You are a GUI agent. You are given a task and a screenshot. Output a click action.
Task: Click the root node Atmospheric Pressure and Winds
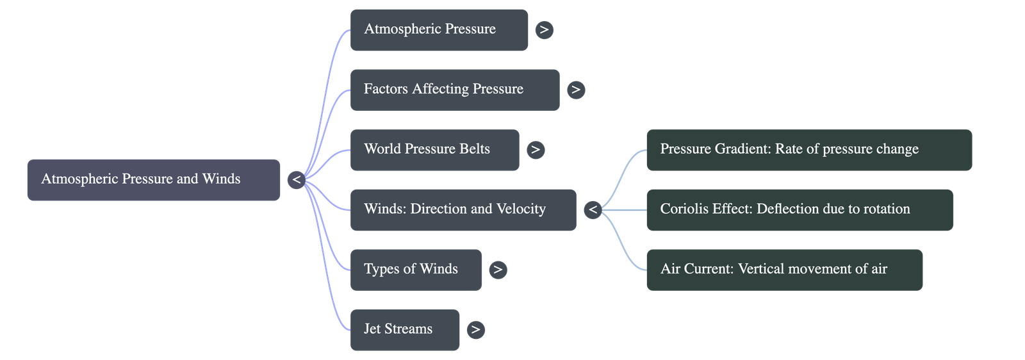pyautogui.click(x=154, y=179)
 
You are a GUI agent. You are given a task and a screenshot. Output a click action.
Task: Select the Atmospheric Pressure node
pyautogui.click(x=439, y=29)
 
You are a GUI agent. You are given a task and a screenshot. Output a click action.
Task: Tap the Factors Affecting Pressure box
pyautogui.click(x=454, y=90)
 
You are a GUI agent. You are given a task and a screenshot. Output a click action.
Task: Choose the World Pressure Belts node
pyautogui.click(x=434, y=150)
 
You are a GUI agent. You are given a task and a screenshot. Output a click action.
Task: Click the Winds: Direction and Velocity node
pyautogui.click(x=463, y=209)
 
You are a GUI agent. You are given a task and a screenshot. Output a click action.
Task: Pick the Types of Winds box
pyautogui.click(x=416, y=270)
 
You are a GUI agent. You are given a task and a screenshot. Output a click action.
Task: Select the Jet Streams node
pyautogui.click(x=404, y=330)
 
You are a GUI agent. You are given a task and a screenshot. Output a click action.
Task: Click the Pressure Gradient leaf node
pyautogui.click(x=809, y=150)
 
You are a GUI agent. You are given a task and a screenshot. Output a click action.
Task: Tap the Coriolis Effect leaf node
pyautogui.click(x=799, y=209)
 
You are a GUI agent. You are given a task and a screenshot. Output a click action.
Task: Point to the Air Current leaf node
pyautogui.click(x=785, y=270)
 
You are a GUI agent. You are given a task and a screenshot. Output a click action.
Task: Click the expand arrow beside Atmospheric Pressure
pyautogui.click(x=544, y=29)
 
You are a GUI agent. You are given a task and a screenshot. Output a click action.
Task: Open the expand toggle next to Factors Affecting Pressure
pyautogui.click(x=575, y=90)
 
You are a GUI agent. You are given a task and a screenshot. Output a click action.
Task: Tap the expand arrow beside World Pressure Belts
pyautogui.click(x=535, y=150)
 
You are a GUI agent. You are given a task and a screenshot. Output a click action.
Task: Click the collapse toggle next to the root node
pyautogui.click(x=296, y=180)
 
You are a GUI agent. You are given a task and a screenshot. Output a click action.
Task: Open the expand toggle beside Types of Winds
pyautogui.click(x=498, y=270)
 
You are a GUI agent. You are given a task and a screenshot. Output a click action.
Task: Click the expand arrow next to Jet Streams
pyautogui.click(x=475, y=330)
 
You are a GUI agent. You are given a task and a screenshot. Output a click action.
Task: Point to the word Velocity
pyautogui.click(x=521, y=209)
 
